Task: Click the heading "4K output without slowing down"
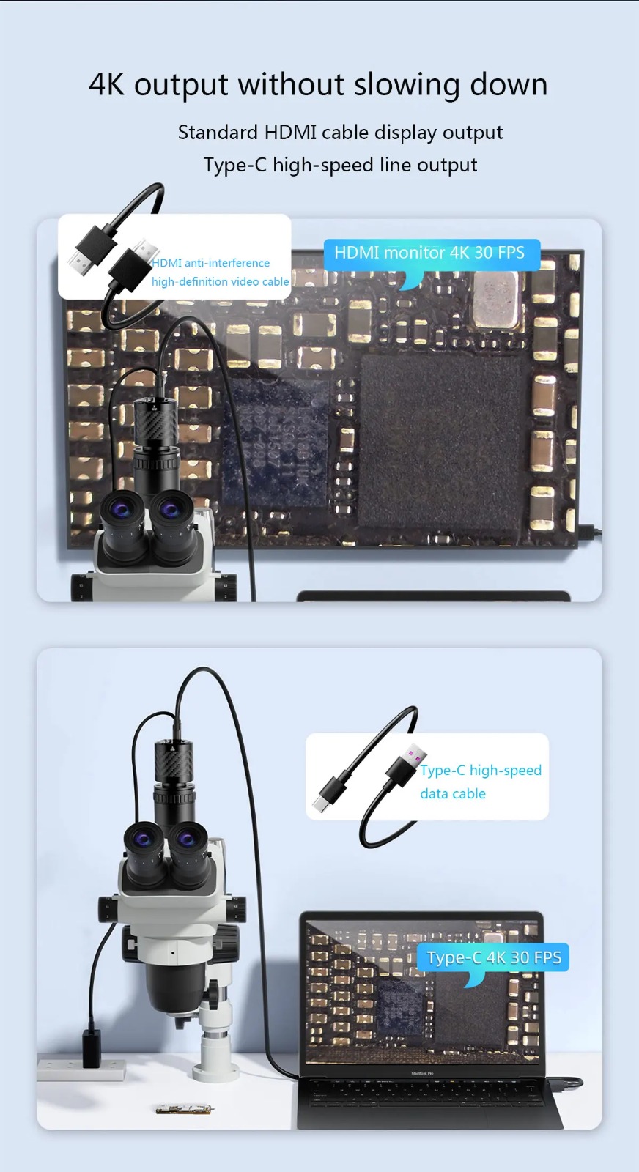318,85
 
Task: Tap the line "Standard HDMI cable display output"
340,133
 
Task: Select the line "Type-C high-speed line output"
340,165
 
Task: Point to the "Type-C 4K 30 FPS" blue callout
494,957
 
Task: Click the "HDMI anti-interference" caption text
211,263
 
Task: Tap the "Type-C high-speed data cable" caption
480,782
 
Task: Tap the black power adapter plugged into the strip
92,1047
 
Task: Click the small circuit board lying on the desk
184,1109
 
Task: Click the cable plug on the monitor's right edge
589,532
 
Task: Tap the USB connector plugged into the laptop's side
572,1082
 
